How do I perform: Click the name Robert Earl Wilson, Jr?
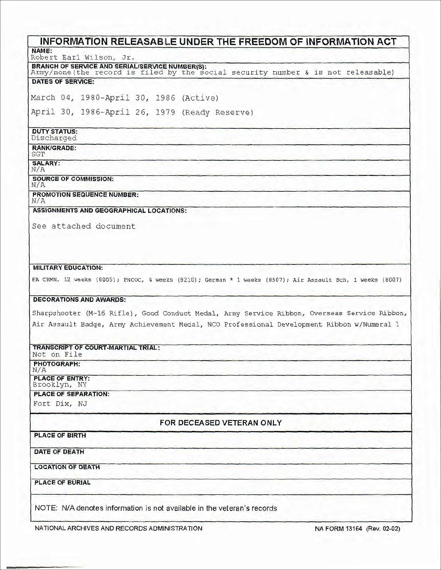[82, 57]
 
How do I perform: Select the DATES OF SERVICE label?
[63, 82]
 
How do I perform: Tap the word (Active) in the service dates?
[200, 98]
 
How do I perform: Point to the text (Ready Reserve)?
[217, 112]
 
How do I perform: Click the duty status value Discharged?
[54, 138]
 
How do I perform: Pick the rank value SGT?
[38, 154]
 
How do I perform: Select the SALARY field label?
[46, 163]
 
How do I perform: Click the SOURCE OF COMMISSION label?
[73, 179]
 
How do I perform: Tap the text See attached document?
[84, 226]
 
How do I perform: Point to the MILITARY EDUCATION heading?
[68, 268]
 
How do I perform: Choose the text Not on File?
[57, 354]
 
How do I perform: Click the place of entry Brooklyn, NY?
[60, 384]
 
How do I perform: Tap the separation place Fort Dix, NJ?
[60, 404]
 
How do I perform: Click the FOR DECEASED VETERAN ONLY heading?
[220, 423]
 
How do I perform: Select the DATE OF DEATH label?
[59, 452]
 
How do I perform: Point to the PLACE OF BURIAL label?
[62, 482]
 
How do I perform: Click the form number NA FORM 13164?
[338, 529]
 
